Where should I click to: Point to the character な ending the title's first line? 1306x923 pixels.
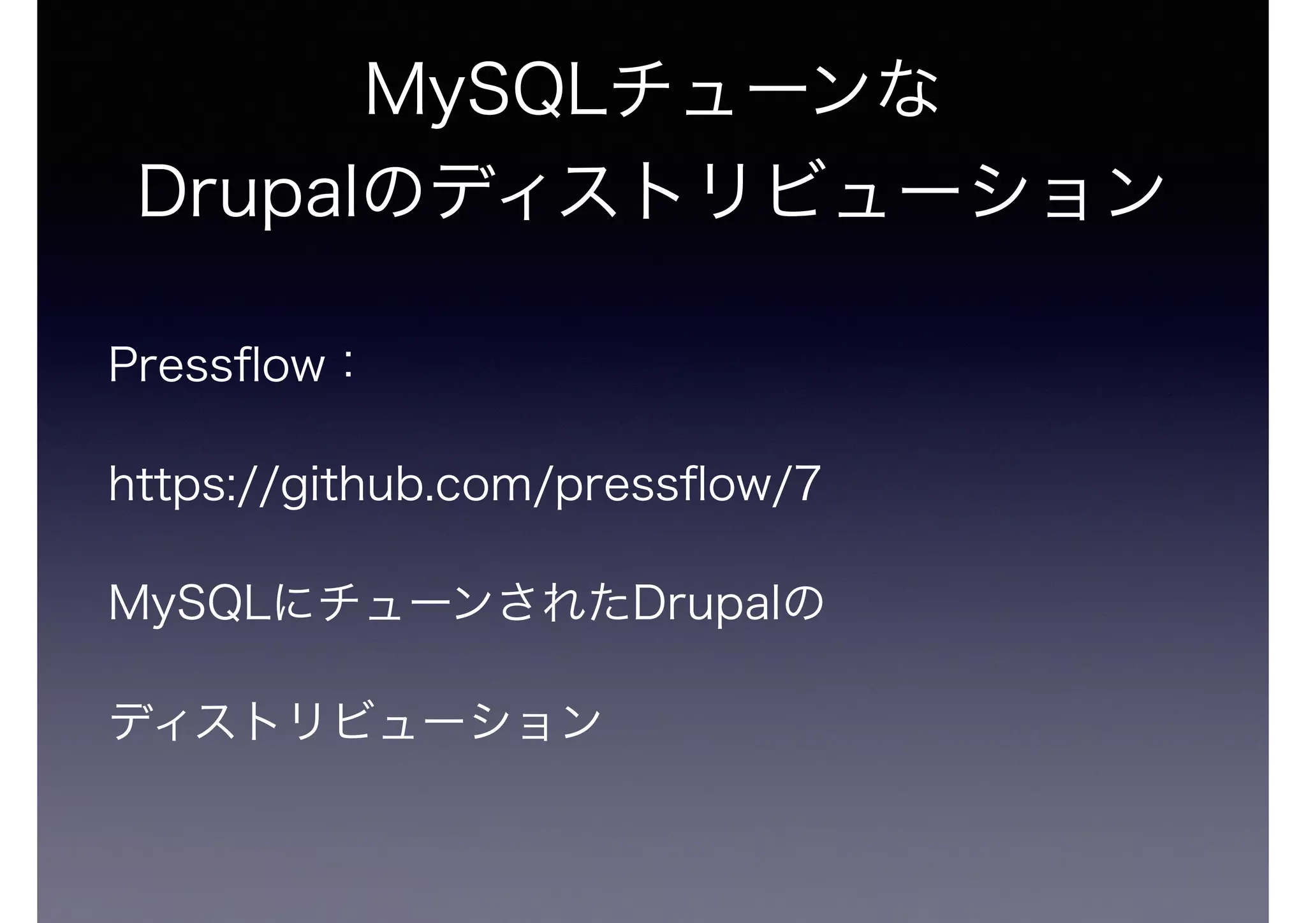912,92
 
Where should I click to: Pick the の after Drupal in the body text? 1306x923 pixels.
806,605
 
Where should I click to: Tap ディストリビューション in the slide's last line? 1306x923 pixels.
354,722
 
